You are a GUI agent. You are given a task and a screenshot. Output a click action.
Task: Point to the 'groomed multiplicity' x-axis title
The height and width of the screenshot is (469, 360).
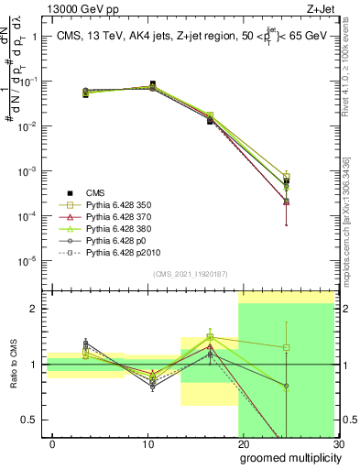[286, 456]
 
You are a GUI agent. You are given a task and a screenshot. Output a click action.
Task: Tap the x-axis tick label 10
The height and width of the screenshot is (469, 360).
[147, 444]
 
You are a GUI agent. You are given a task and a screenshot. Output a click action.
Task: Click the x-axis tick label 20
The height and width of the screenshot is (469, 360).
[242, 444]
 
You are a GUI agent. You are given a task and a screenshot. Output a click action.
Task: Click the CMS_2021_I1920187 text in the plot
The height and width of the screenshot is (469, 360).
[191, 274]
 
